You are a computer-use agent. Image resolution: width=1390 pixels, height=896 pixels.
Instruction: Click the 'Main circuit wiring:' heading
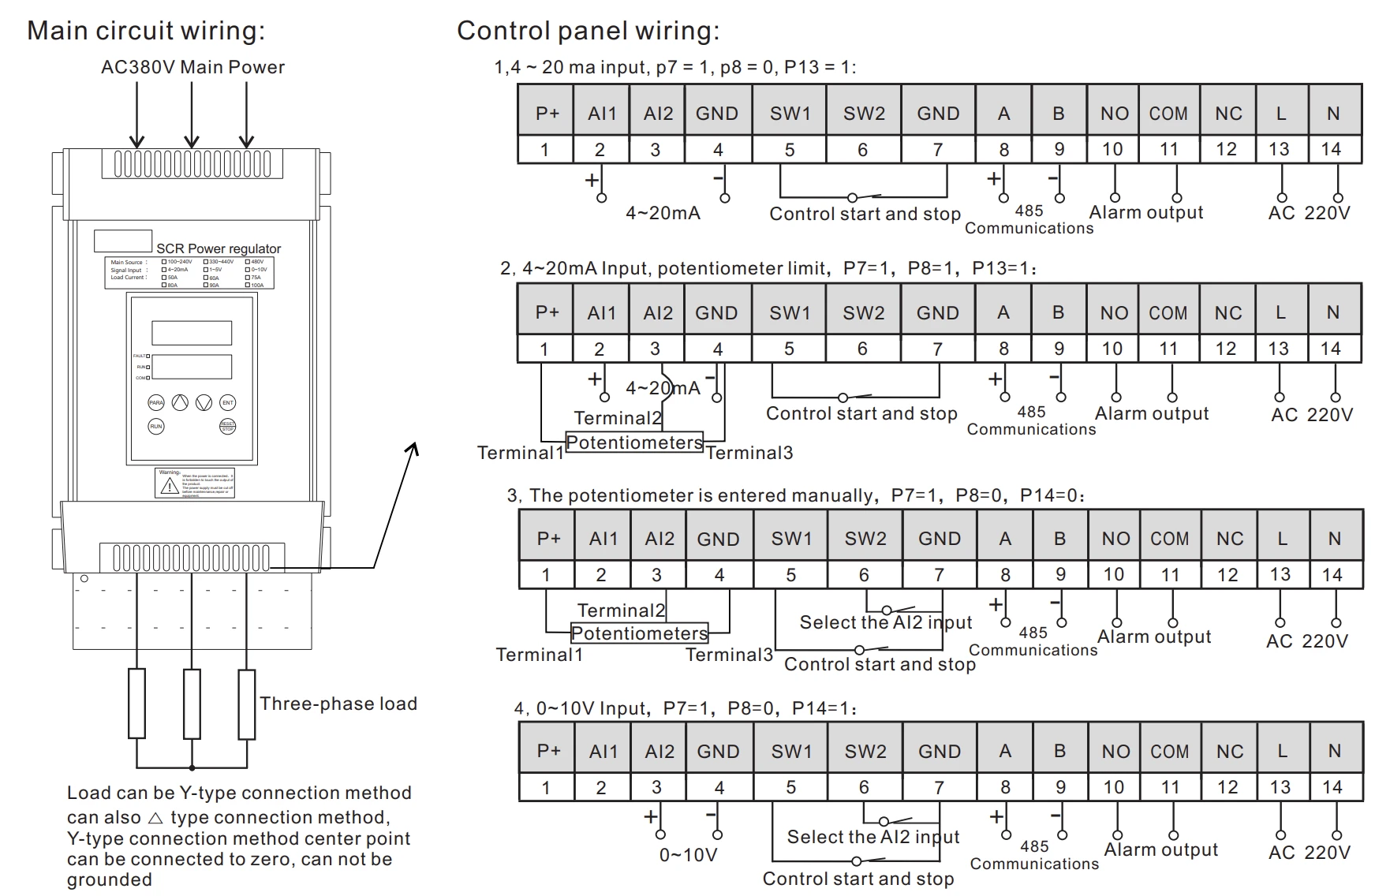146,31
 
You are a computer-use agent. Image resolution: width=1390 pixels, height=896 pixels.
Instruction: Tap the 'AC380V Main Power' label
192,67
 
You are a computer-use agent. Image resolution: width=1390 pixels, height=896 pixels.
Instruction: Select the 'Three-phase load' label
338,704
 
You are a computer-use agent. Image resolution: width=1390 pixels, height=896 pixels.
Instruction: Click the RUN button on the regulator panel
156,427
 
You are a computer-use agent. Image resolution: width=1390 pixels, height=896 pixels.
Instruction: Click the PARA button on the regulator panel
156,403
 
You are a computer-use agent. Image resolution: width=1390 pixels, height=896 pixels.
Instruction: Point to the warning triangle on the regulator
169,487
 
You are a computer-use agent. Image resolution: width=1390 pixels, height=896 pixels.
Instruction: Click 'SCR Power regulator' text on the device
219,248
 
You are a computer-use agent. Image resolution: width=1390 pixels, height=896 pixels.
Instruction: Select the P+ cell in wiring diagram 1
547,114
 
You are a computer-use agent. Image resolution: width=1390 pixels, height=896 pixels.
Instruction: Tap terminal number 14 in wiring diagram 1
1331,149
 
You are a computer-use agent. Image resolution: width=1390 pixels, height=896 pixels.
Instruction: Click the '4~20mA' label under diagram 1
663,213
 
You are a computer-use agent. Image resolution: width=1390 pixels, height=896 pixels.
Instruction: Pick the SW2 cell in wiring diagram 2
863,313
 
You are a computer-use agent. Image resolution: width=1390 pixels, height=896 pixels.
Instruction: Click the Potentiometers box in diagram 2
634,442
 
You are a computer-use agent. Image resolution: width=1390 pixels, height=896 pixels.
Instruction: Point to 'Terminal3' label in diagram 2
749,453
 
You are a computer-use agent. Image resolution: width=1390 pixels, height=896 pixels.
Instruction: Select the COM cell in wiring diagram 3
1169,539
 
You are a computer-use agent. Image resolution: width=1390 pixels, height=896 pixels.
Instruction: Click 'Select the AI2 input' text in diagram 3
885,622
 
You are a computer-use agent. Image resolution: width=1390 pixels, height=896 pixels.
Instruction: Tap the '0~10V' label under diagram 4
688,855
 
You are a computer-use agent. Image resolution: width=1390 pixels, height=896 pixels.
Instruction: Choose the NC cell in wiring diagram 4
1229,752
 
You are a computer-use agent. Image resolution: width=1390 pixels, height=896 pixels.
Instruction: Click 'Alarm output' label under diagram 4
1160,849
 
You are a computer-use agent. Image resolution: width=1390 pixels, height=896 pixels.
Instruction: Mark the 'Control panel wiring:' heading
588,31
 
